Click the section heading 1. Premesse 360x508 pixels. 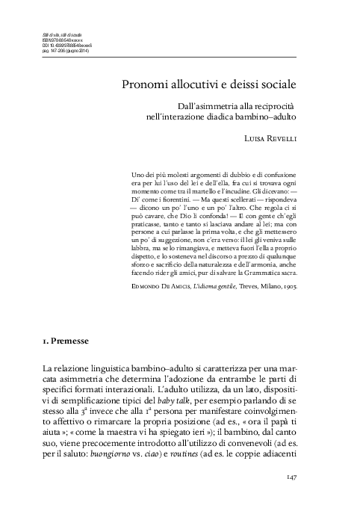pyautogui.click(x=67, y=341)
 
